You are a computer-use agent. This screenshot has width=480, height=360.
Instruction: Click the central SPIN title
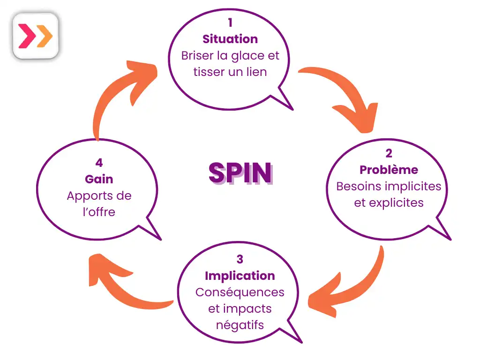click(240, 173)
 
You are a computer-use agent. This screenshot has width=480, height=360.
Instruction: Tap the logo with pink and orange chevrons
click(36, 37)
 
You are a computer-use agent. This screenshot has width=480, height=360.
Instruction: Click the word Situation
click(230, 39)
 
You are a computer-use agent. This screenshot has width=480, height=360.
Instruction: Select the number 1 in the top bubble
click(230, 22)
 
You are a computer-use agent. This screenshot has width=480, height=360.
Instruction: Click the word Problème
click(389, 170)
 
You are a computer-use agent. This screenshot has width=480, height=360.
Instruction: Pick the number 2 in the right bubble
click(389, 153)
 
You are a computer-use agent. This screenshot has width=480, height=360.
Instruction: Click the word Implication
click(240, 276)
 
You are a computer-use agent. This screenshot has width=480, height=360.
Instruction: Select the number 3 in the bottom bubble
click(240, 259)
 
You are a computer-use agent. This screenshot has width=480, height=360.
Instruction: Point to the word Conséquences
click(240, 292)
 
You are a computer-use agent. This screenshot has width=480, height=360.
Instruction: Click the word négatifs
click(240, 325)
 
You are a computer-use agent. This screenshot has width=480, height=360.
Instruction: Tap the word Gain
click(99, 179)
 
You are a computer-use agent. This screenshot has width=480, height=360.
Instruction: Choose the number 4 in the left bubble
click(99, 163)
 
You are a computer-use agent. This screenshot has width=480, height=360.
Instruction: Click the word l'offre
click(99, 212)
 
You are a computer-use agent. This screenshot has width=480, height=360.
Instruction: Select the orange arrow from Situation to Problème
click(345, 98)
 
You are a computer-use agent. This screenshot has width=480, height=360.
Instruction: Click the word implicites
click(415, 186)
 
